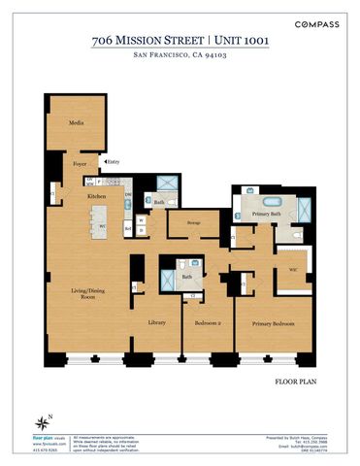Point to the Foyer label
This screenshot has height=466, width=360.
[80, 164]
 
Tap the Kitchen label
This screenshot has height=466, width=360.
[97, 196]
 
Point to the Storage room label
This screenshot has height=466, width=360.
[193, 220]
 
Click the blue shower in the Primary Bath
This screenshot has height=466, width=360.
[304, 211]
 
